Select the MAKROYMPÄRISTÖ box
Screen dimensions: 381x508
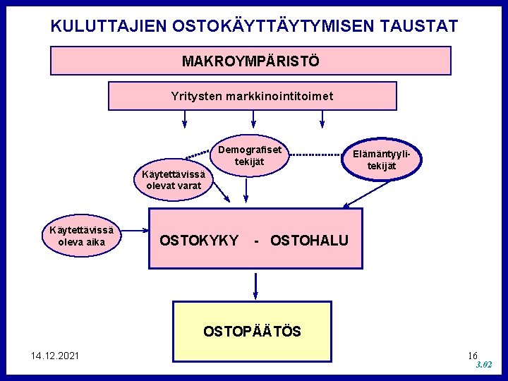(250, 61)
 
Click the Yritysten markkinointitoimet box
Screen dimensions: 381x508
(252, 96)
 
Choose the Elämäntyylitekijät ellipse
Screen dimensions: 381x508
(382, 160)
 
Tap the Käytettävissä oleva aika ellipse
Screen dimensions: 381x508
(83, 236)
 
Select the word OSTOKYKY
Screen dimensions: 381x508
(199, 241)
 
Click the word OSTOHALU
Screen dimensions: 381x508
(309, 241)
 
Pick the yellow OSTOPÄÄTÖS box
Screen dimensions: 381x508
(252, 331)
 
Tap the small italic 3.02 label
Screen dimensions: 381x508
(483, 365)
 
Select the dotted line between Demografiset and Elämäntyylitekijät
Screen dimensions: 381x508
(315, 155)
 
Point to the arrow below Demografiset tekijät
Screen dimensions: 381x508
(244, 190)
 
